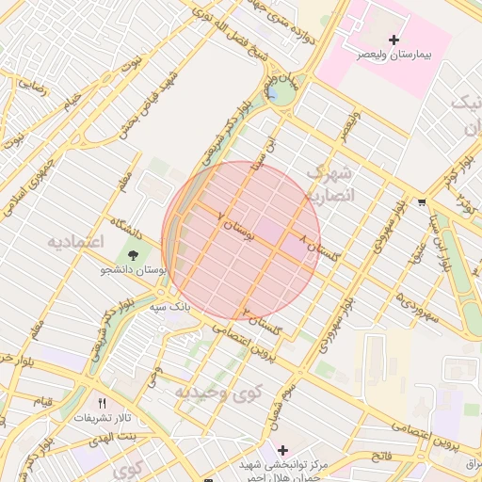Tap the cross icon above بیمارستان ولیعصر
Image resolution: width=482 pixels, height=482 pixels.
point(394,40)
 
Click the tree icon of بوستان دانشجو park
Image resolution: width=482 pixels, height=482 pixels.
point(132,253)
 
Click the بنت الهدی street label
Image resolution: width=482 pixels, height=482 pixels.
point(114,439)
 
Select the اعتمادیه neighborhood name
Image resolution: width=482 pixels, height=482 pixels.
point(74,242)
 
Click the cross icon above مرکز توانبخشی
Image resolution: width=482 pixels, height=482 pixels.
point(281,450)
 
